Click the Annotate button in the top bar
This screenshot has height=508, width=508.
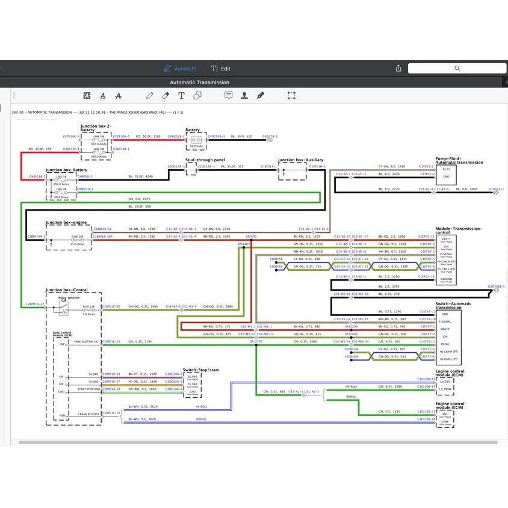(180, 69)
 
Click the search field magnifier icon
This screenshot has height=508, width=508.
(457, 69)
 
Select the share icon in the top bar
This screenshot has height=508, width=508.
(398, 69)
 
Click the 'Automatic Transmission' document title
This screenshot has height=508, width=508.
(199, 82)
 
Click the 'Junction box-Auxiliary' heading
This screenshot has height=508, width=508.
(300, 160)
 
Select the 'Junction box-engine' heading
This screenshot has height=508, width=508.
(66, 223)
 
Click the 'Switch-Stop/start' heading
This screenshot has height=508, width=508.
(200, 369)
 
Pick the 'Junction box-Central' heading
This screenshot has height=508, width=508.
(67, 290)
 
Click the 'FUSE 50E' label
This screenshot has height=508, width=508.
(77, 237)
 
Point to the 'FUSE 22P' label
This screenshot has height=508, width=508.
(88, 307)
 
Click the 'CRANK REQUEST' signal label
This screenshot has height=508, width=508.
(88, 414)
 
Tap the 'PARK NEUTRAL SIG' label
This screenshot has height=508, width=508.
(86, 341)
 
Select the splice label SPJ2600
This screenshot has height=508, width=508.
(251, 237)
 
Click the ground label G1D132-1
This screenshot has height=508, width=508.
(496, 189)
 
